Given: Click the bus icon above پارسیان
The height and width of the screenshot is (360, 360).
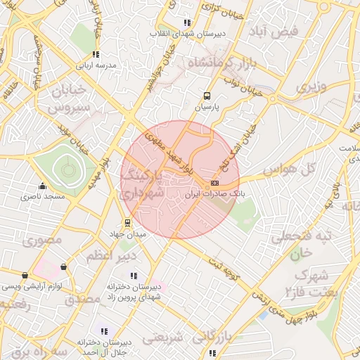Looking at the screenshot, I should [207, 96].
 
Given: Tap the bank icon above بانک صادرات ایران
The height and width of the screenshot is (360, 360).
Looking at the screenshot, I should [214, 183].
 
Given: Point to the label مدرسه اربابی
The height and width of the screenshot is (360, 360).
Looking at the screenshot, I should [95, 65].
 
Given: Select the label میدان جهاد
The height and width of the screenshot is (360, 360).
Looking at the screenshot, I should [127, 233].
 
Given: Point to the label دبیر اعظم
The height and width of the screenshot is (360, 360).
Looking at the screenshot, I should [108, 257].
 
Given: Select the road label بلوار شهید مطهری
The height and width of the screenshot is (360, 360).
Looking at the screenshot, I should [168, 150].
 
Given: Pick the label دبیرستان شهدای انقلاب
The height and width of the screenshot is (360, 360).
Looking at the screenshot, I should [186, 33].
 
